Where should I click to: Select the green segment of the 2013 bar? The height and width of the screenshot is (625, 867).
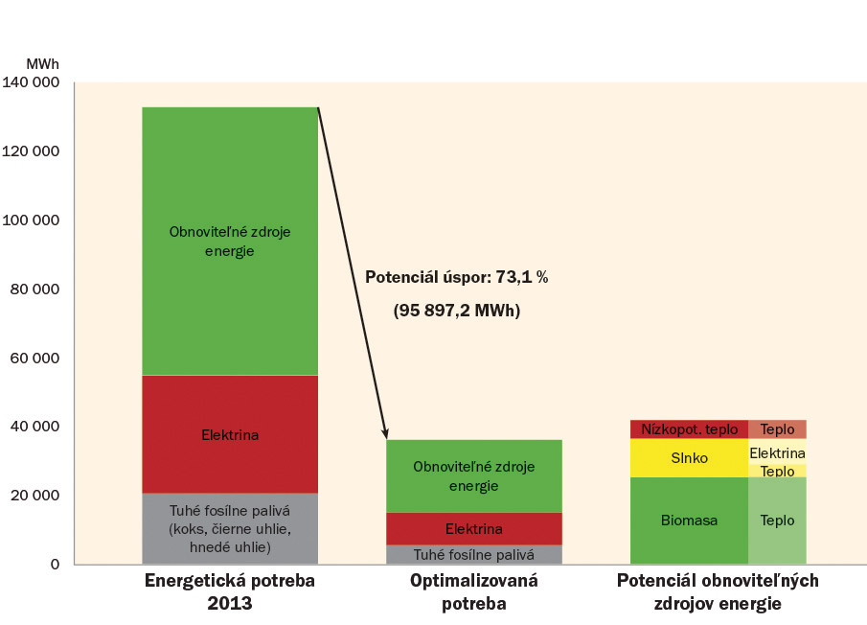pyautogui.click(x=230, y=241)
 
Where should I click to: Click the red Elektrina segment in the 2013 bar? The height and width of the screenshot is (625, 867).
pyautogui.click(x=230, y=434)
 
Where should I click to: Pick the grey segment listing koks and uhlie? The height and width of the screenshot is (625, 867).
pyautogui.click(x=230, y=528)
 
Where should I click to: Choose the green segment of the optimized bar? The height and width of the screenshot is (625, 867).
pyautogui.click(x=473, y=475)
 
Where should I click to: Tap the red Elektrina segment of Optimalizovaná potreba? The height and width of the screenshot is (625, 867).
pyautogui.click(x=473, y=528)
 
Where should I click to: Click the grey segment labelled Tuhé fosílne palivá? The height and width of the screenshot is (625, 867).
pyautogui.click(x=473, y=554)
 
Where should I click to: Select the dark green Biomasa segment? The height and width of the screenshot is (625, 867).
pyautogui.click(x=689, y=521)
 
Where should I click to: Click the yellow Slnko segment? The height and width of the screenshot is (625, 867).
pyautogui.click(x=689, y=458)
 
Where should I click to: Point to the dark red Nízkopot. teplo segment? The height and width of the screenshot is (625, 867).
pyautogui.click(x=689, y=429)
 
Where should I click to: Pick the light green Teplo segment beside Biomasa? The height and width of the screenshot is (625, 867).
pyautogui.click(x=777, y=521)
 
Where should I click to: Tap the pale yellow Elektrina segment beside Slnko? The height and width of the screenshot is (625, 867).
pyautogui.click(x=777, y=452)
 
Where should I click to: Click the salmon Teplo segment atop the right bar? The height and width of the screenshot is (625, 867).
pyautogui.click(x=777, y=429)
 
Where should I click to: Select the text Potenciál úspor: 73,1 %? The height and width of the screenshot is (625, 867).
pyautogui.click(x=456, y=276)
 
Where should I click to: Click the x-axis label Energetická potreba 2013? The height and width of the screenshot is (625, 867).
pyautogui.click(x=229, y=591)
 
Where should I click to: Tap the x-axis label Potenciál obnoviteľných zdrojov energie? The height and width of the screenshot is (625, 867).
pyautogui.click(x=718, y=591)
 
